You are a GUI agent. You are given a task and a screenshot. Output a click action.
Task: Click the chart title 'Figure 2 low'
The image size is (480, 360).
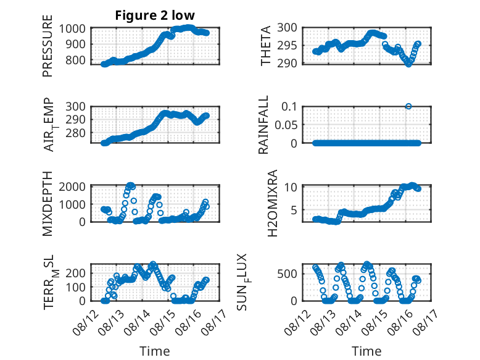click(x=155, y=15)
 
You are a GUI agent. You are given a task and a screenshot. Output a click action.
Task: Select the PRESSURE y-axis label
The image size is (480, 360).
click(x=48, y=46)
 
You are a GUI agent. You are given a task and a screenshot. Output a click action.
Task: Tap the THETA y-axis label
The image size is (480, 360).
click(x=266, y=46)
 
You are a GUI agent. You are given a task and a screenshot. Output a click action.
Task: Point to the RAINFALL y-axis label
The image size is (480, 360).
click(x=263, y=125)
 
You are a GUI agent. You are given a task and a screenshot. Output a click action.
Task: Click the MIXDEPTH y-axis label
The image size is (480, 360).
click(x=48, y=204)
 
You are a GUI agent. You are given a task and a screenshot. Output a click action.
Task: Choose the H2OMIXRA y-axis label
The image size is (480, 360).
click(x=272, y=203)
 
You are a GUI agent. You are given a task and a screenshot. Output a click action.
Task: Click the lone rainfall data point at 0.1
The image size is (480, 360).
click(x=408, y=106)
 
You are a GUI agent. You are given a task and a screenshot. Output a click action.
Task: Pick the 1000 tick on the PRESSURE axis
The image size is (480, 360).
click(x=72, y=28)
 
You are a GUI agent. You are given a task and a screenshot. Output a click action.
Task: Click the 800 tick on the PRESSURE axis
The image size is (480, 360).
click(x=75, y=60)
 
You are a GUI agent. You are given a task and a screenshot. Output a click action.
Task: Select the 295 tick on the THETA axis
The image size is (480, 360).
click(x=287, y=46)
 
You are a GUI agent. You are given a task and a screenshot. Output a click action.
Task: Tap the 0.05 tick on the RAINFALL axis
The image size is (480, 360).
click(x=286, y=125)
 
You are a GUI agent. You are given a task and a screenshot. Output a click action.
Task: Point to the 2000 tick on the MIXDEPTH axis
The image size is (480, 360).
click(x=72, y=186)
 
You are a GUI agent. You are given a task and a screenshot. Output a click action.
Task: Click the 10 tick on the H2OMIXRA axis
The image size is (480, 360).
click(x=291, y=186)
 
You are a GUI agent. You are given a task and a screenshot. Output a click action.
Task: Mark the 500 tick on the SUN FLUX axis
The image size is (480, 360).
click(x=287, y=274)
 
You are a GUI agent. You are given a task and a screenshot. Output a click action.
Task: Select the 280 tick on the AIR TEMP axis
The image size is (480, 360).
click(x=75, y=133)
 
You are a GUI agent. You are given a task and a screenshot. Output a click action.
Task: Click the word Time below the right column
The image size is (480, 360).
click(x=366, y=351)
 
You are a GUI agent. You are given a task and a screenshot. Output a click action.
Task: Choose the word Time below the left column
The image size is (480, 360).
click(x=155, y=351)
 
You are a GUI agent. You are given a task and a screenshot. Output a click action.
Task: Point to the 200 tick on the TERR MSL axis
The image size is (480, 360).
click(x=75, y=273)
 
